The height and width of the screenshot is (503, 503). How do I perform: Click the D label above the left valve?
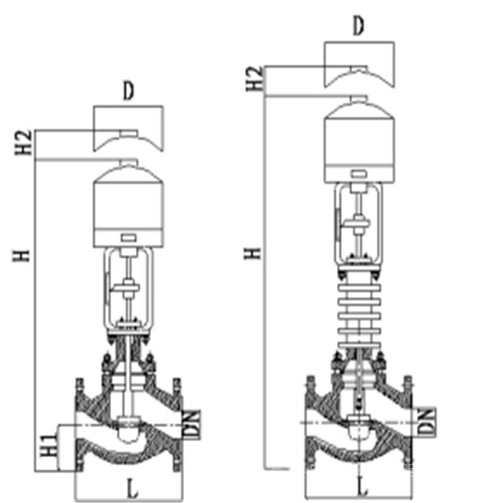pyautogui.click(x=128, y=91)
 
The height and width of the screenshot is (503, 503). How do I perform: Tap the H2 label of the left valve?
pyautogui.click(x=24, y=142)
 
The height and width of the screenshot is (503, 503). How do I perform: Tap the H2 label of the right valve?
pyautogui.click(x=255, y=79)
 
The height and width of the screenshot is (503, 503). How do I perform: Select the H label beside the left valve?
pyautogui.click(x=21, y=256)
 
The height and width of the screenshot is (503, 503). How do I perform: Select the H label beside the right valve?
pyautogui.click(x=253, y=253)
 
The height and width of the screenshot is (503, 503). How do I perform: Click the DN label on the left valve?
pyautogui.click(x=192, y=424)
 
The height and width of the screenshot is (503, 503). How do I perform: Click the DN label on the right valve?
pyautogui.click(x=427, y=421)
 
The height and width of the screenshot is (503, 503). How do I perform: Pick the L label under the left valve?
pyautogui.click(x=132, y=489)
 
